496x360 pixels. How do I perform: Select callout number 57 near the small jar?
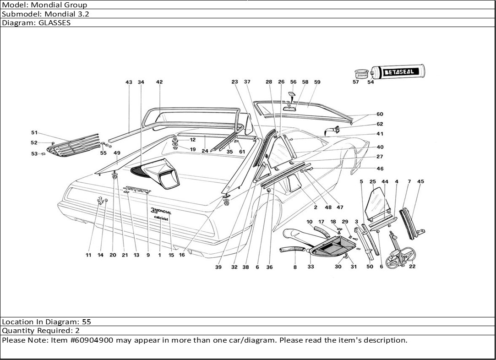point(356,82)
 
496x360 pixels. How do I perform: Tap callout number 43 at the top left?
point(129,82)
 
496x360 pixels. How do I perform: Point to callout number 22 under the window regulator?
point(412,267)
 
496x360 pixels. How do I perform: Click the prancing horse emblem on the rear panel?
point(99,200)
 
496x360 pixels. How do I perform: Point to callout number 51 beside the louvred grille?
point(34,133)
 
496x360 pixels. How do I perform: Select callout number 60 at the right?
point(380,115)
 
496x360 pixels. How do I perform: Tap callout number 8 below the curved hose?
point(294,267)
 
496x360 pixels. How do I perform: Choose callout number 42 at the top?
point(159,82)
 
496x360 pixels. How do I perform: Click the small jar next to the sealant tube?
point(362,73)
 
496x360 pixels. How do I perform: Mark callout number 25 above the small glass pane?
point(372,182)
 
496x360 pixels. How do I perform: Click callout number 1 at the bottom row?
point(159,255)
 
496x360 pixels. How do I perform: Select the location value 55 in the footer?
point(87,322)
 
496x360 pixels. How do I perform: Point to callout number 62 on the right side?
point(380,124)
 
